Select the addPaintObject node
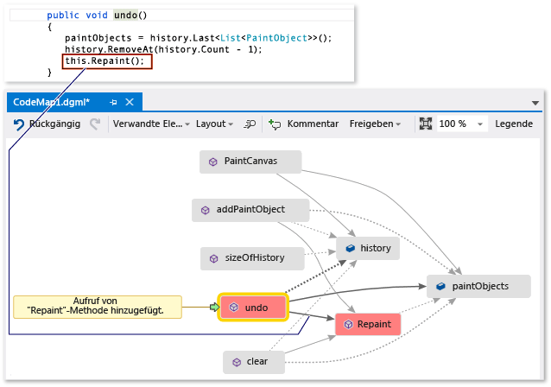(x=245, y=209)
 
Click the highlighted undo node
(x=253, y=307)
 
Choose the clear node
(x=253, y=362)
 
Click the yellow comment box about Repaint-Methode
(x=97, y=307)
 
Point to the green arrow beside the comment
(x=214, y=307)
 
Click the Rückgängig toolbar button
(x=47, y=124)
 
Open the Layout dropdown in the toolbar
(x=214, y=124)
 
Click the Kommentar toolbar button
(x=303, y=124)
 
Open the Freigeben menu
(x=374, y=124)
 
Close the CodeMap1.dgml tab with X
(x=130, y=102)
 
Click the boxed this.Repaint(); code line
(x=106, y=62)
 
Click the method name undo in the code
(x=126, y=15)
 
